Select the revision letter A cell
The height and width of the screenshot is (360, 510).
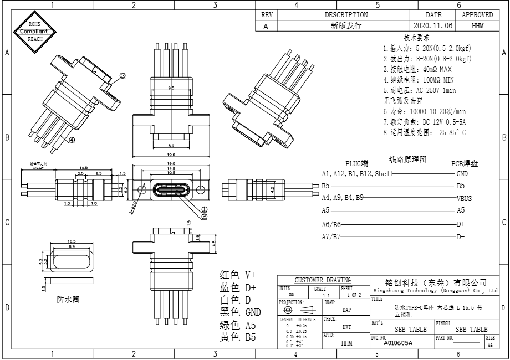[266, 25]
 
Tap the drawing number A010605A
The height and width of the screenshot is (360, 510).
[398, 343]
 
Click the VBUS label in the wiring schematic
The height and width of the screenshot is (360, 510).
[464, 198]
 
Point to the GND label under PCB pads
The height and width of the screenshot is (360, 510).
[462, 173]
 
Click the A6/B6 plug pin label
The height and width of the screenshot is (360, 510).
[331, 224]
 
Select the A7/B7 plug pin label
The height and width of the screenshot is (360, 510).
[331, 237]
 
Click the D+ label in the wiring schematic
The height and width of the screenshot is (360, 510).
[461, 224]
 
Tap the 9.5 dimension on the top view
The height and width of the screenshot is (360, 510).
[171, 88]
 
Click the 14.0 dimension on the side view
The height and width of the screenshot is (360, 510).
[83, 168]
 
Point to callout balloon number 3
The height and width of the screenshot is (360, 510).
[123, 75]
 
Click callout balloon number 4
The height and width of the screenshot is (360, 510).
[72, 140]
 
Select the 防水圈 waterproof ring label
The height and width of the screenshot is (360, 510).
[68, 300]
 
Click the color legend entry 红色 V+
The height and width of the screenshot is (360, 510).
[238, 275]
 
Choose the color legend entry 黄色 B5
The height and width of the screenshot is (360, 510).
[238, 337]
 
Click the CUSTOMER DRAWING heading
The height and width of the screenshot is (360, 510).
[323, 280]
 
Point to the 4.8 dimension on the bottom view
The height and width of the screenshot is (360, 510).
[214, 243]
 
